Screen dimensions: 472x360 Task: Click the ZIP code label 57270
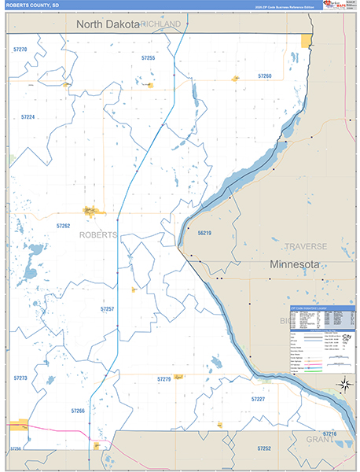click(x=20, y=50)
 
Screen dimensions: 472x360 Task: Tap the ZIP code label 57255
click(x=148, y=58)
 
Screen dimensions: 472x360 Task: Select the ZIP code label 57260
click(x=265, y=76)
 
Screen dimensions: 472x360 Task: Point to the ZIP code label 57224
click(x=28, y=116)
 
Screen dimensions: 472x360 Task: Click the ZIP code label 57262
click(x=64, y=226)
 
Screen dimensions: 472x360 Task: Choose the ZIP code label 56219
click(x=204, y=233)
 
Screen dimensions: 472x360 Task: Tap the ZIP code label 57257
click(x=108, y=309)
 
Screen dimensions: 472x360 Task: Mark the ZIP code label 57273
click(x=20, y=378)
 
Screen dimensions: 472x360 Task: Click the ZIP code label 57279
click(x=163, y=380)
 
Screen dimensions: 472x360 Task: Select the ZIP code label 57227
click(x=258, y=400)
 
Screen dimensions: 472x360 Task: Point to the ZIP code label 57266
click(x=77, y=411)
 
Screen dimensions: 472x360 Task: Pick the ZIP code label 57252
click(x=263, y=448)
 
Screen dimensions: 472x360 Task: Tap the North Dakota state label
click(x=108, y=24)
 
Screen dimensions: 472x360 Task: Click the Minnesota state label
click(x=294, y=264)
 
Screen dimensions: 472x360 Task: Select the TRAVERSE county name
click(x=305, y=246)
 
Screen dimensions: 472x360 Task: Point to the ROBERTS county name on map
click(x=98, y=234)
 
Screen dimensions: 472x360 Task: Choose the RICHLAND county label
click(x=161, y=24)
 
